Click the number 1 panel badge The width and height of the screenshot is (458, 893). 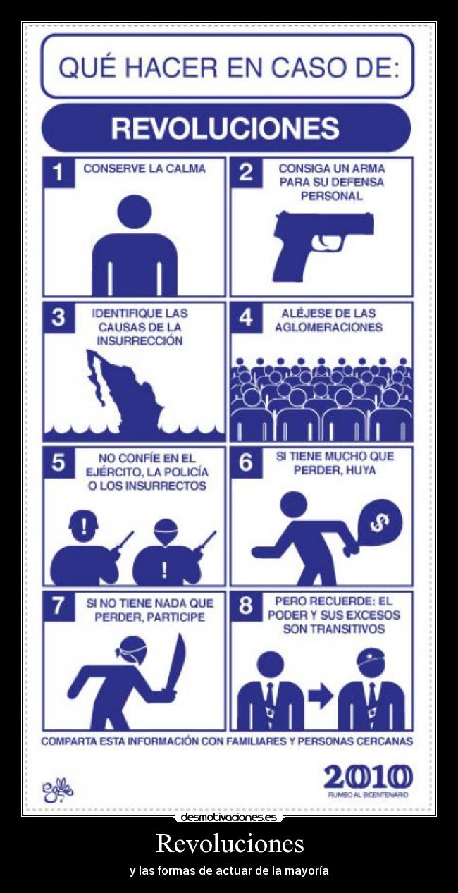point(58,173)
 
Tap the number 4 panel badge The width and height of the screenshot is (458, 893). point(245,318)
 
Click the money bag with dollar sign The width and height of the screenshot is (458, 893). point(378,520)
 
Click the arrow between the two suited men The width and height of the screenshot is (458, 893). point(321,697)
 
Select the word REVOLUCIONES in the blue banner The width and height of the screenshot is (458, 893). point(225,129)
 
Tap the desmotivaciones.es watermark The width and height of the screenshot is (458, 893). point(229,818)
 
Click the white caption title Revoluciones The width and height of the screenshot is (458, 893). point(229,843)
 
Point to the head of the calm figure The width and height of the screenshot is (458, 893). point(134,211)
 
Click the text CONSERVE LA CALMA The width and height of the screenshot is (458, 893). point(144,168)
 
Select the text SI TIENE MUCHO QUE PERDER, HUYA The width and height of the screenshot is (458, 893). point(335,463)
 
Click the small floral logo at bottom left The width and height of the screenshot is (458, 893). point(57,787)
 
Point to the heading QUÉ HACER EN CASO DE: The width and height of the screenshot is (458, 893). point(228,68)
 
